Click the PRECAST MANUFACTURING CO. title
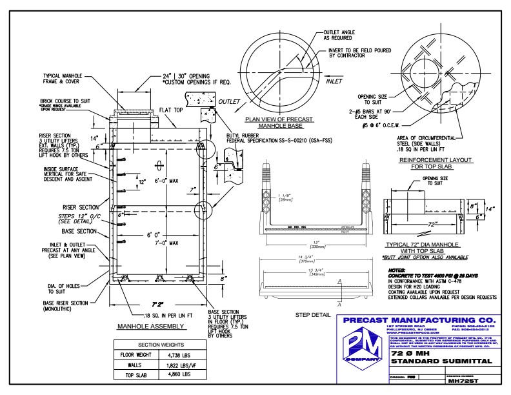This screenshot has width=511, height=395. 419,320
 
